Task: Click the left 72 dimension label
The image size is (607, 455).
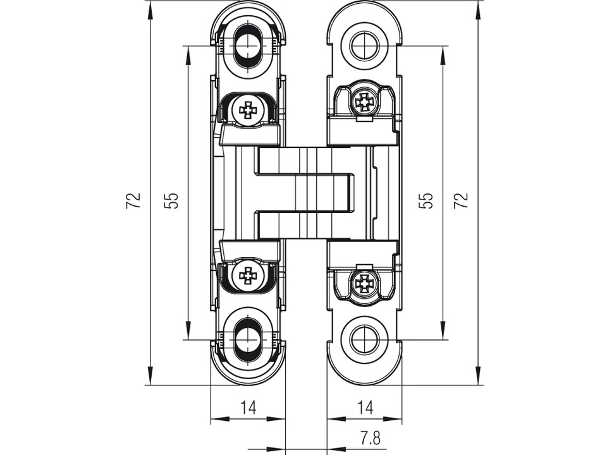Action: [133, 201]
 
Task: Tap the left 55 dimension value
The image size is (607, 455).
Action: [173, 201]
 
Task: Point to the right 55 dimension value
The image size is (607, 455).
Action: [427, 201]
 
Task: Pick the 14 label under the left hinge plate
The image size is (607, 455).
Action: [248, 408]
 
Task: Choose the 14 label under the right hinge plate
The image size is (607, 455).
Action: [364, 408]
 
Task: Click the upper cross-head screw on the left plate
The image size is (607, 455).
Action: [248, 110]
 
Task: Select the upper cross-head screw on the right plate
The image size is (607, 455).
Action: [364, 100]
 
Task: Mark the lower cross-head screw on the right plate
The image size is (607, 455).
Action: [364, 284]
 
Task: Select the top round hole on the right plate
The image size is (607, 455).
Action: [364, 45]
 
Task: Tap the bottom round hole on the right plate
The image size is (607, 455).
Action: [364, 341]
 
